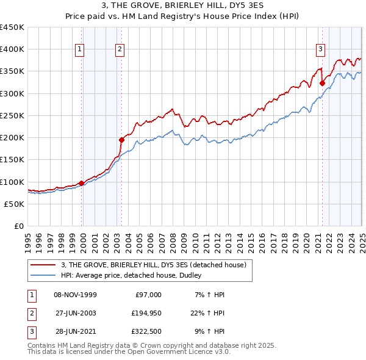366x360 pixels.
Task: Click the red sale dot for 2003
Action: tap(121, 140)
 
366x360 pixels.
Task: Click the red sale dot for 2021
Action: tap(322, 84)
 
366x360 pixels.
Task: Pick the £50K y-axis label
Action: tap(15, 204)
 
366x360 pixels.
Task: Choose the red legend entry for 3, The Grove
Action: tap(152, 265)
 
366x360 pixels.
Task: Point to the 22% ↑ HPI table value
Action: tap(207, 314)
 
